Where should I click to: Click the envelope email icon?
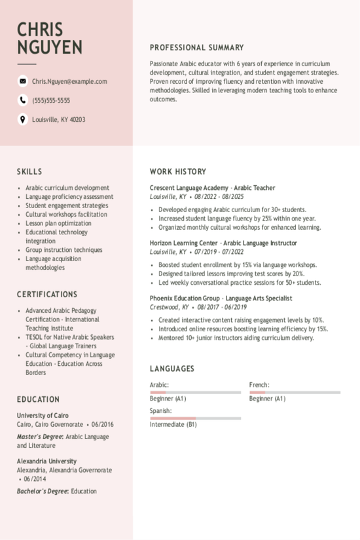23,81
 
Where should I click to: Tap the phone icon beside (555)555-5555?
23,100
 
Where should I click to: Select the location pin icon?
23,119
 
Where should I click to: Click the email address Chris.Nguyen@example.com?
69,81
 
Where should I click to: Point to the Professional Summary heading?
196,48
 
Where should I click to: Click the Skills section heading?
29,171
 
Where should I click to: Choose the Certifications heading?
47,295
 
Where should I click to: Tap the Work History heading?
177,171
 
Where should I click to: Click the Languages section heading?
171,369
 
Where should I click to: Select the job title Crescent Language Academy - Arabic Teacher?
212,188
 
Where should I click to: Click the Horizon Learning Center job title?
214,242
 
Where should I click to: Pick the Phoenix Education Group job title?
221,298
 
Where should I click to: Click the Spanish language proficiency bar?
195,418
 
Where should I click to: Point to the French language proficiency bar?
295,392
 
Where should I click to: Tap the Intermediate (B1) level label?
173,424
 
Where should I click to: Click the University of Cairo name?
43,415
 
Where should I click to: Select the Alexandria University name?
46,461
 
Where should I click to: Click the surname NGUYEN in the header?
50,48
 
